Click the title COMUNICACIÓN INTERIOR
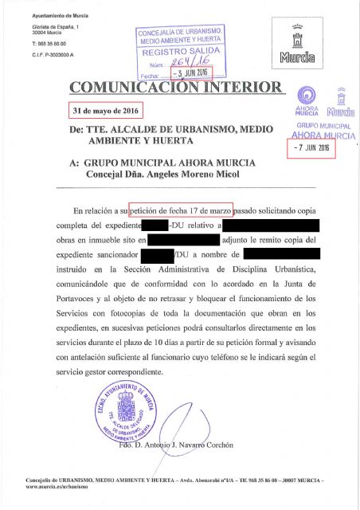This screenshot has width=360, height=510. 176,86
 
